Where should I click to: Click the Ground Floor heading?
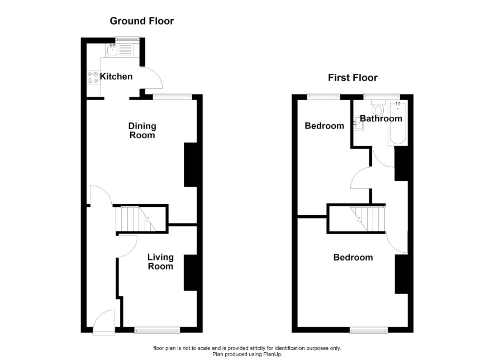(x=142, y=21)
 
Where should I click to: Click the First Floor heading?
(x=353, y=78)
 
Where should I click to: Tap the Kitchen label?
(x=116, y=77)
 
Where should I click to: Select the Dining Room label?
(x=142, y=130)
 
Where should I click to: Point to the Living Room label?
(x=160, y=262)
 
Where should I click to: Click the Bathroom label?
(x=381, y=119)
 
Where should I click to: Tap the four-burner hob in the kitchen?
(x=93, y=77)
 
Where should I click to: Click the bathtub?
(x=398, y=123)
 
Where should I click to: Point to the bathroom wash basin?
(x=358, y=124)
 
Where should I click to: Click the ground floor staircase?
(x=136, y=219)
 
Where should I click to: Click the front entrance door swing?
(x=104, y=322)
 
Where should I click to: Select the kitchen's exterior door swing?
(x=151, y=78)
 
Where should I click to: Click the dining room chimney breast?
(x=191, y=164)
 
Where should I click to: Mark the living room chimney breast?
(x=191, y=273)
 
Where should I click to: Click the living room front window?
(x=157, y=330)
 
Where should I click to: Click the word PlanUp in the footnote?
(x=272, y=354)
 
